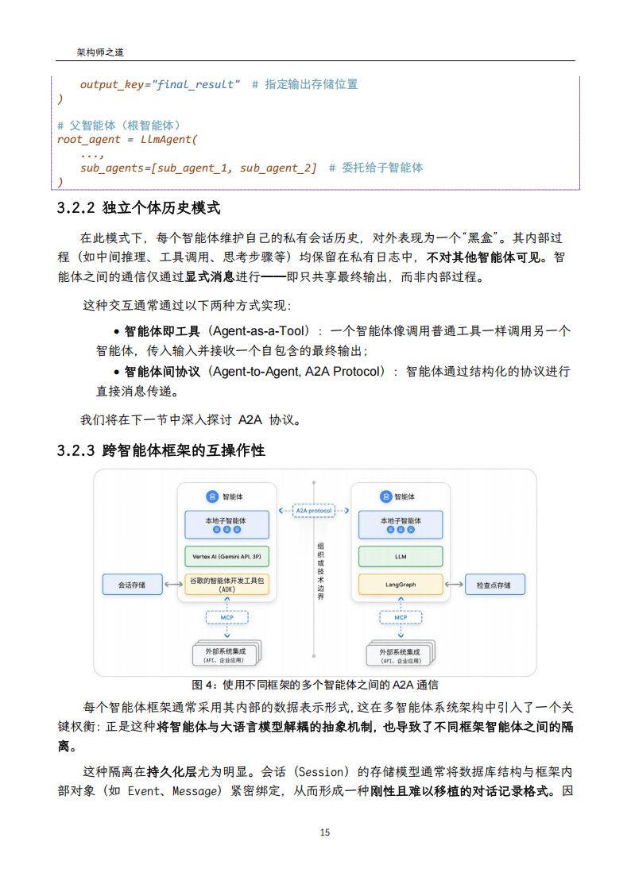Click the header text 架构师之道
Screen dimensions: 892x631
point(100,52)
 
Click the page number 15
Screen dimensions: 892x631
point(324,832)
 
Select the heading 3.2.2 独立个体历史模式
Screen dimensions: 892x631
point(138,209)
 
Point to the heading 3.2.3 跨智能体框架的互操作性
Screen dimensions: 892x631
point(161,451)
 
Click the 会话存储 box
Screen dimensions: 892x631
point(132,585)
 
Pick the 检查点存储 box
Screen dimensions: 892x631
point(494,585)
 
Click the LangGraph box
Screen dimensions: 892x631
point(401,585)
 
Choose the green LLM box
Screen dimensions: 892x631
point(401,556)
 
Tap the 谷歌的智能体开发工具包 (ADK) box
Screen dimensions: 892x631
point(226,585)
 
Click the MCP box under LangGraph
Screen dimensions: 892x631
point(401,617)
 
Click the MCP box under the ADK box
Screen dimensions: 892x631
point(226,617)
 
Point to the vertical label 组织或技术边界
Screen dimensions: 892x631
point(320,570)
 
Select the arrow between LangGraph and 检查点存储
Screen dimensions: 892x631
point(454,585)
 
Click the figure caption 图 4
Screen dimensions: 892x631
point(315,685)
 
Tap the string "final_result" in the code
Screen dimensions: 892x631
point(194,84)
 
